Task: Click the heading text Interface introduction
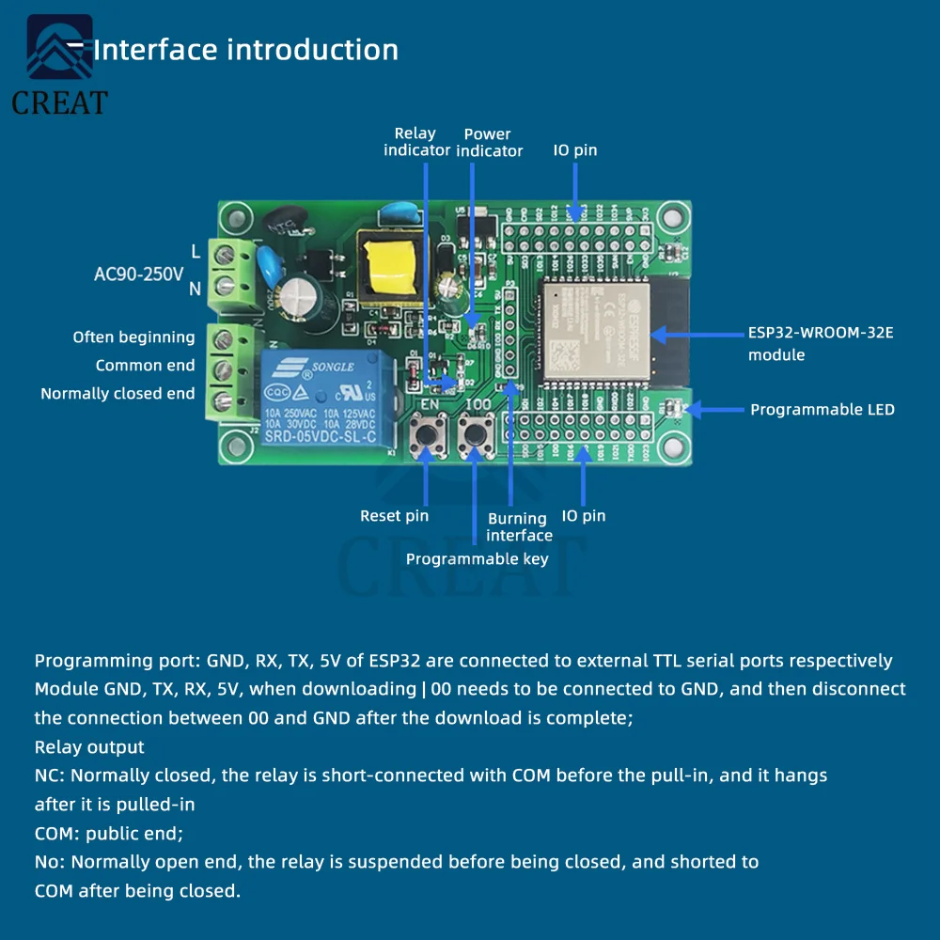(x=245, y=50)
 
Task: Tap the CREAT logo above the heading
(x=59, y=66)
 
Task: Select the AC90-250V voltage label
(x=139, y=274)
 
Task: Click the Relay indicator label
(x=415, y=142)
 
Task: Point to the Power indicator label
(x=489, y=142)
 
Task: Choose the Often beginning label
(x=133, y=337)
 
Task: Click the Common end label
(x=145, y=366)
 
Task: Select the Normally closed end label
(x=117, y=394)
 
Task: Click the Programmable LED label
(x=822, y=410)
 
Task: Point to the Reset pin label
(x=394, y=516)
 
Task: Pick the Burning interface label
(x=519, y=526)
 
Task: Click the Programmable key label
(x=477, y=559)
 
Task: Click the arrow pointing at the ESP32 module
(x=696, y=334)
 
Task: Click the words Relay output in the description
(x=89, y=747)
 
